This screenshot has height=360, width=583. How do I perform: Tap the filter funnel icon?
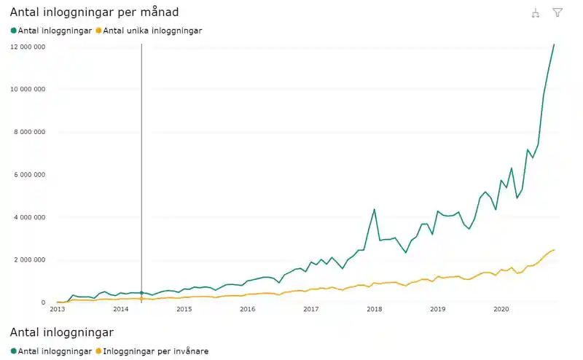(557, 12)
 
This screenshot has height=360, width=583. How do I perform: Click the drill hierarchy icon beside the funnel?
(536, 12)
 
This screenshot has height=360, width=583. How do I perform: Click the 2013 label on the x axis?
(58, 309)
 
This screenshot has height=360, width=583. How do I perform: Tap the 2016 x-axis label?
(248, 309)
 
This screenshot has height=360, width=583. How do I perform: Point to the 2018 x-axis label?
(375, 309)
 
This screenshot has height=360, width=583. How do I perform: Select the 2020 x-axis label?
(501, 309)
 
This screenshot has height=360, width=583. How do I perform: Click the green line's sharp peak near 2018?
(375, 210)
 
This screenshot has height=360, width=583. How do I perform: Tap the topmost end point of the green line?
(554, 44)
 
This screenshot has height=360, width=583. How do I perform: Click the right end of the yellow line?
(554, 250)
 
